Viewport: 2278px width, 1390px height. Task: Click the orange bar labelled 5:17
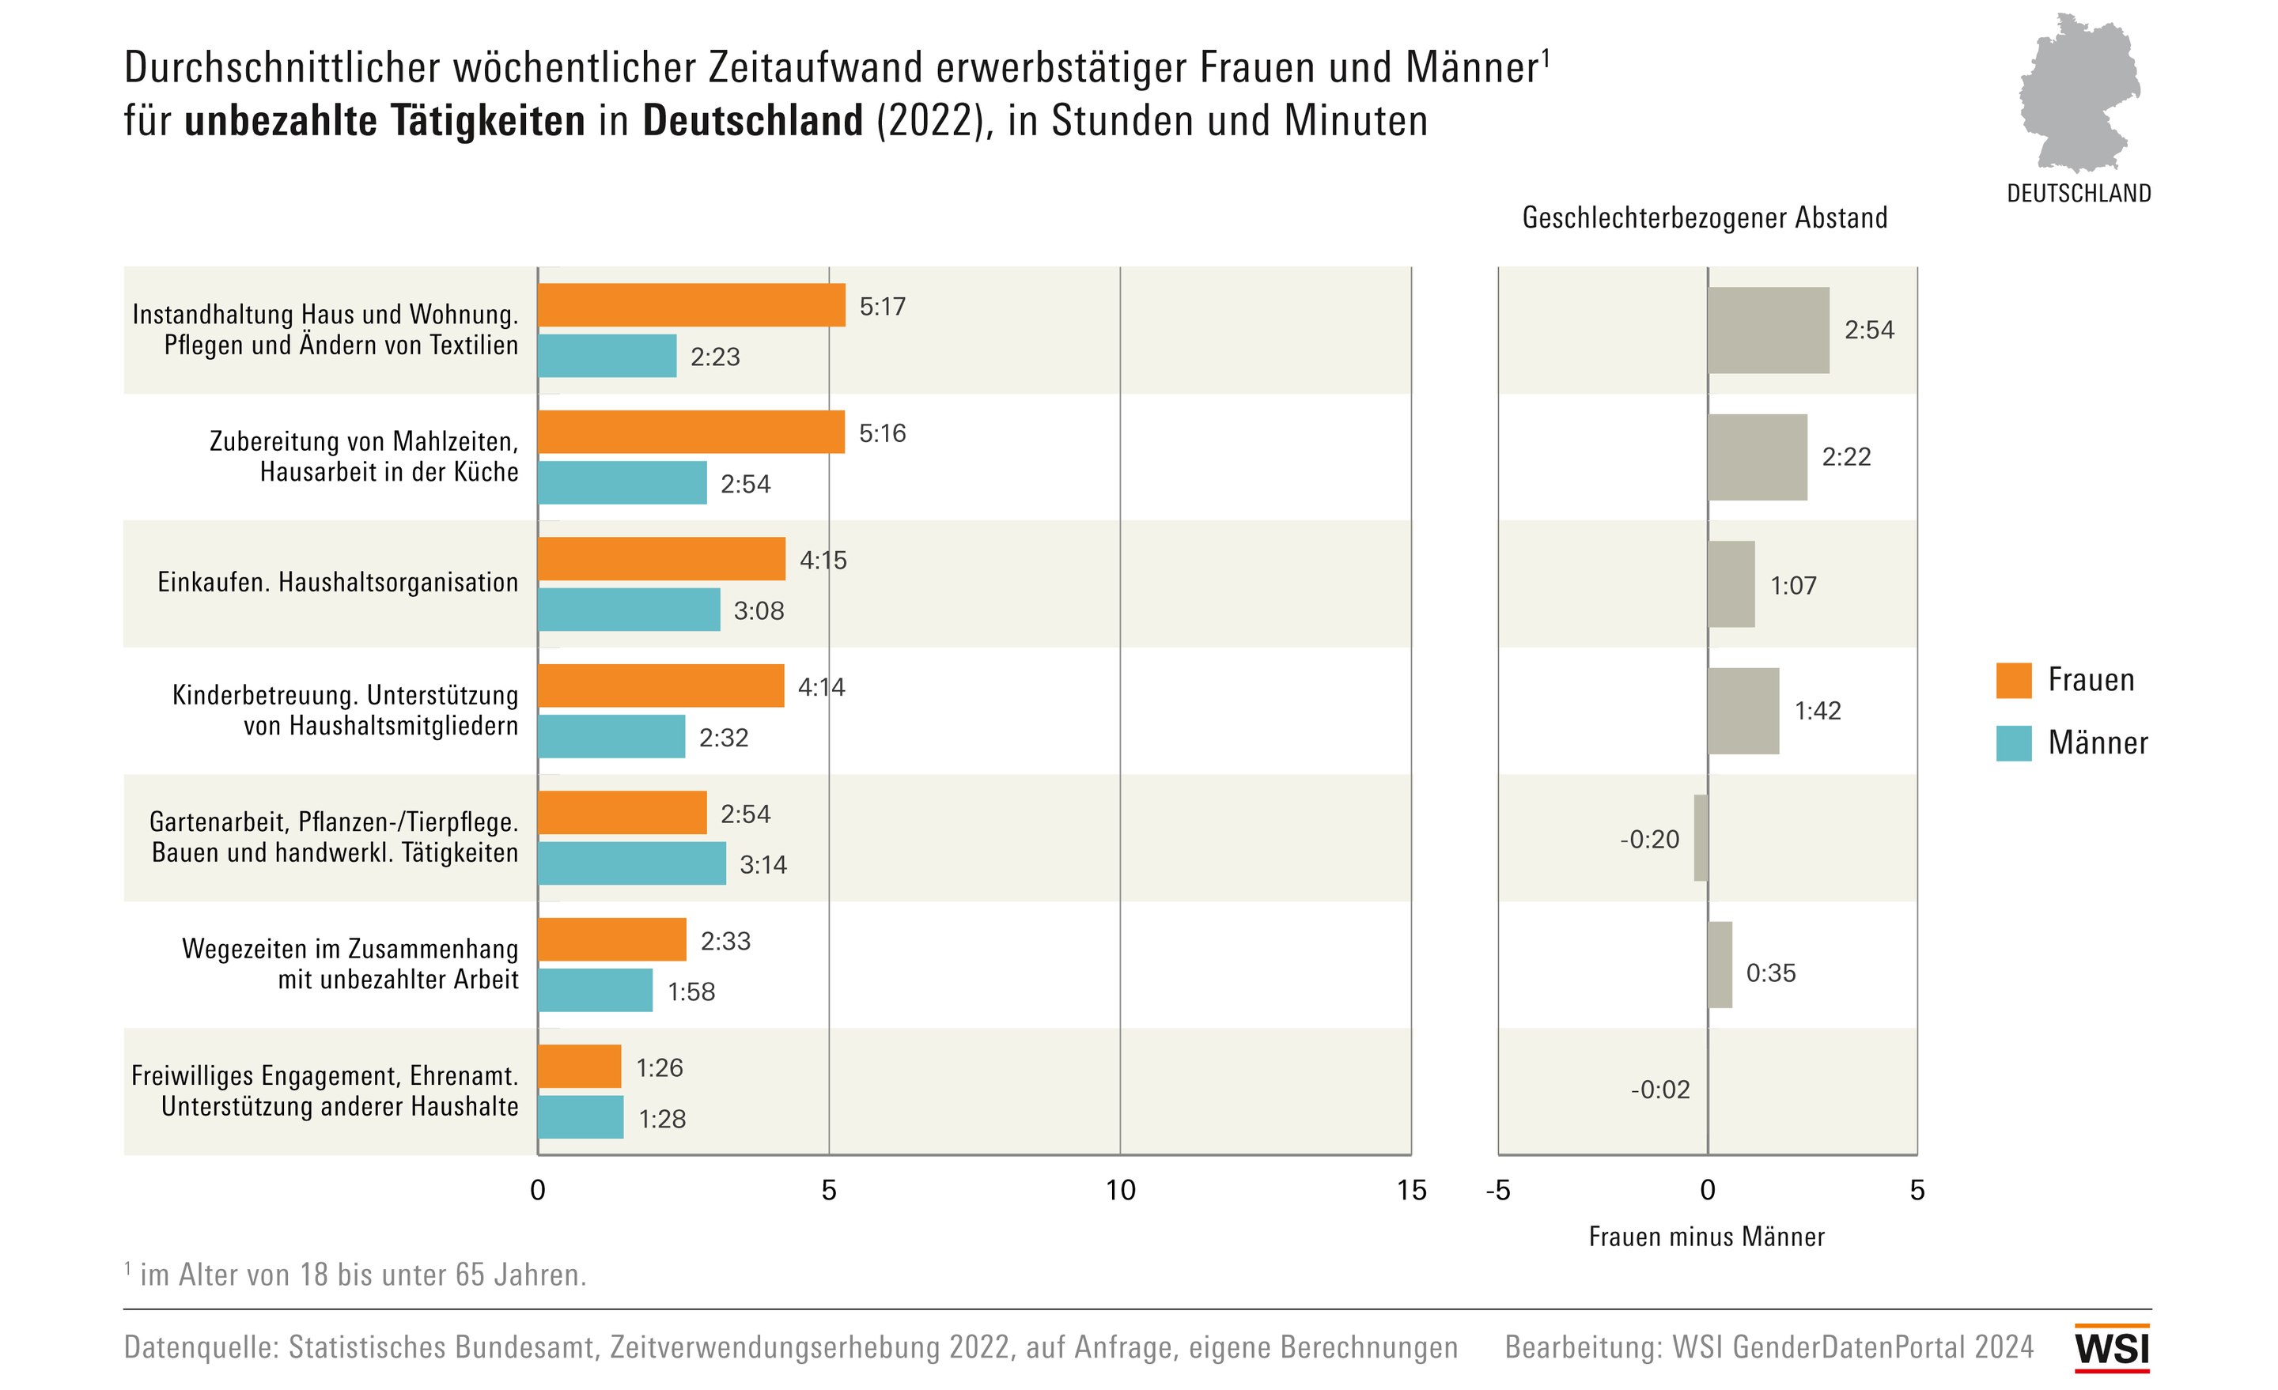coord(691,305)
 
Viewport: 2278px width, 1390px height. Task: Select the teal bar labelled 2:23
coord(607,356)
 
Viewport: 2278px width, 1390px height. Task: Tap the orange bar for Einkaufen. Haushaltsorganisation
coord(661,559)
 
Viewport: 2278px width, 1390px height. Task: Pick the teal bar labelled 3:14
coord(631,863)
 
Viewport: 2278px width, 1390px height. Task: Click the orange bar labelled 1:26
coord(579,1067)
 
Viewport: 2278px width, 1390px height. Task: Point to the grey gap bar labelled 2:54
coord(1768,330)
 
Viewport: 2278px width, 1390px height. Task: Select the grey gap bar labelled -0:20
coord(1700,838)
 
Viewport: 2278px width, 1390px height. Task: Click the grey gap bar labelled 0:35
coord(1720,965)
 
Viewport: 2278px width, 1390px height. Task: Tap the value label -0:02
coord(1659,1090)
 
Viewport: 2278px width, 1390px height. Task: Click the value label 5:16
coord(882,433)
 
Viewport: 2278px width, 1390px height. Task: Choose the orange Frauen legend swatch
coord(2014,680)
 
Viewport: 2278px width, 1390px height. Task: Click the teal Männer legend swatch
coord(2014,743)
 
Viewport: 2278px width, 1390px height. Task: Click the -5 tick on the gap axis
coord(1498,1191)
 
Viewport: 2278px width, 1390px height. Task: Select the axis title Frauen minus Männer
coord(1707,1237)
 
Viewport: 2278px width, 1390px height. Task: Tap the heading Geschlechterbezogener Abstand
coord(1705,218)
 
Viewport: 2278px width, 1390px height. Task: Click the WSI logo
coord(2112,1348)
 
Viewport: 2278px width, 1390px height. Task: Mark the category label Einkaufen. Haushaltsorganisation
coord(338,582)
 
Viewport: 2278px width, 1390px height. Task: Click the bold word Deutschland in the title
coord(752,121)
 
